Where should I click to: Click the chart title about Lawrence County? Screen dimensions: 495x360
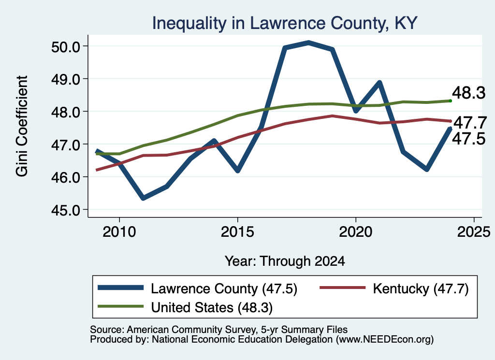[x=285, y=23]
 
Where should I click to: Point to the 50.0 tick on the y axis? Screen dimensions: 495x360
[x=66, y=47]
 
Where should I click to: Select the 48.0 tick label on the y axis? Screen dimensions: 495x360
[x=66, y=112]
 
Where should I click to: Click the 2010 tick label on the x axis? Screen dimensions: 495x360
[x=119, y=232]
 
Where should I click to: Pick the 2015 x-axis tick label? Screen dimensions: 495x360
[x=237, y=232]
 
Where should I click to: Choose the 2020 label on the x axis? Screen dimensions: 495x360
[x=356, y=232]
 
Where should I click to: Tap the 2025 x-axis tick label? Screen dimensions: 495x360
[x=474, y=232]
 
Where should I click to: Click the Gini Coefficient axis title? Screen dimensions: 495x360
[x=22, y=126]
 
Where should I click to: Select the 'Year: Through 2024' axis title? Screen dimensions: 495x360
[x=285, y=261]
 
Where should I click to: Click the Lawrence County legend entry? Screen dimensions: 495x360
[x=198, y=288]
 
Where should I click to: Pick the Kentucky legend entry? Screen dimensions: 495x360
[x=394, y=288]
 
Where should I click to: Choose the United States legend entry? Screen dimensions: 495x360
[x=185, y=307]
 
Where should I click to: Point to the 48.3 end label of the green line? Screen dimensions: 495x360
[x=468, y=93]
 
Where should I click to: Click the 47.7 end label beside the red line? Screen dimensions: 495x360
[x=470, y=122]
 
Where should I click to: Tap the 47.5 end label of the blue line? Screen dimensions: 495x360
[x=468, y=139]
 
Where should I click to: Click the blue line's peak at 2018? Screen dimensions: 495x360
[x=308, y=43]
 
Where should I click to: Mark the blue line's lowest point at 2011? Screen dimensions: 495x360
[x=143, y=198]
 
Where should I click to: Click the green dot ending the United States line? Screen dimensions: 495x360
[x=450, y=101]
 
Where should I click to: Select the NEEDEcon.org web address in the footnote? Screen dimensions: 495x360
[x=384, y=340]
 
